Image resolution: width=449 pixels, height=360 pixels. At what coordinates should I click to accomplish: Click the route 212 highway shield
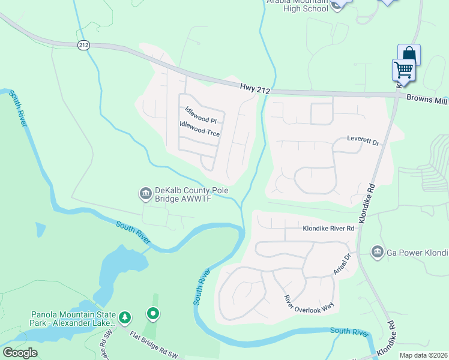coord(83,44)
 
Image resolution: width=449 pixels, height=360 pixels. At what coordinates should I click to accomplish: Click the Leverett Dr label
coord(364,142)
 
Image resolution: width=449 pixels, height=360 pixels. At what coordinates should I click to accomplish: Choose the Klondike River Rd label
coord(330,229)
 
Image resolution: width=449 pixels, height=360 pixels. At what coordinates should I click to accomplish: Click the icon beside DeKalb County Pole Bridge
coord(145,193)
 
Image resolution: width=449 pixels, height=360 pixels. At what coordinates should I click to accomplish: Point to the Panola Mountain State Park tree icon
coord(125,317)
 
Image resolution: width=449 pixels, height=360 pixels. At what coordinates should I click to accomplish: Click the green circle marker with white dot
coord(153,313)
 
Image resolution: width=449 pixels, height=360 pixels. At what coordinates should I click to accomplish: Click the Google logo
coord(20,353)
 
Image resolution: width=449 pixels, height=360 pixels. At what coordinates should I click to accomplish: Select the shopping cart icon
coord(403,70)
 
